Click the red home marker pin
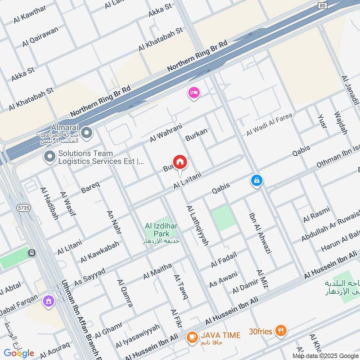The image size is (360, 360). pos(180,162)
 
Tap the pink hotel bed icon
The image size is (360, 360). pos(194,93)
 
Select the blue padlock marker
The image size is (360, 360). pos(256,180)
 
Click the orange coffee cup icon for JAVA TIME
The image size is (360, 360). pos(192,336)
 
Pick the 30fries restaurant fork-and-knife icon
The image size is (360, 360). pos(281,331)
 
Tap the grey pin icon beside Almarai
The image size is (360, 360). pos(87,133)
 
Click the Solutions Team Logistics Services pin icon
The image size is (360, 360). pos(49,157)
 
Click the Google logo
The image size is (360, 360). pos(19,353)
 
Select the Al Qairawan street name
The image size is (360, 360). pos(40,37)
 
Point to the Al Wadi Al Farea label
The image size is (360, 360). pos(269,125)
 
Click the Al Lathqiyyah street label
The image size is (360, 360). pos(197,225)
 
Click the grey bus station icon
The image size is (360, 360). pos(31,253)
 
